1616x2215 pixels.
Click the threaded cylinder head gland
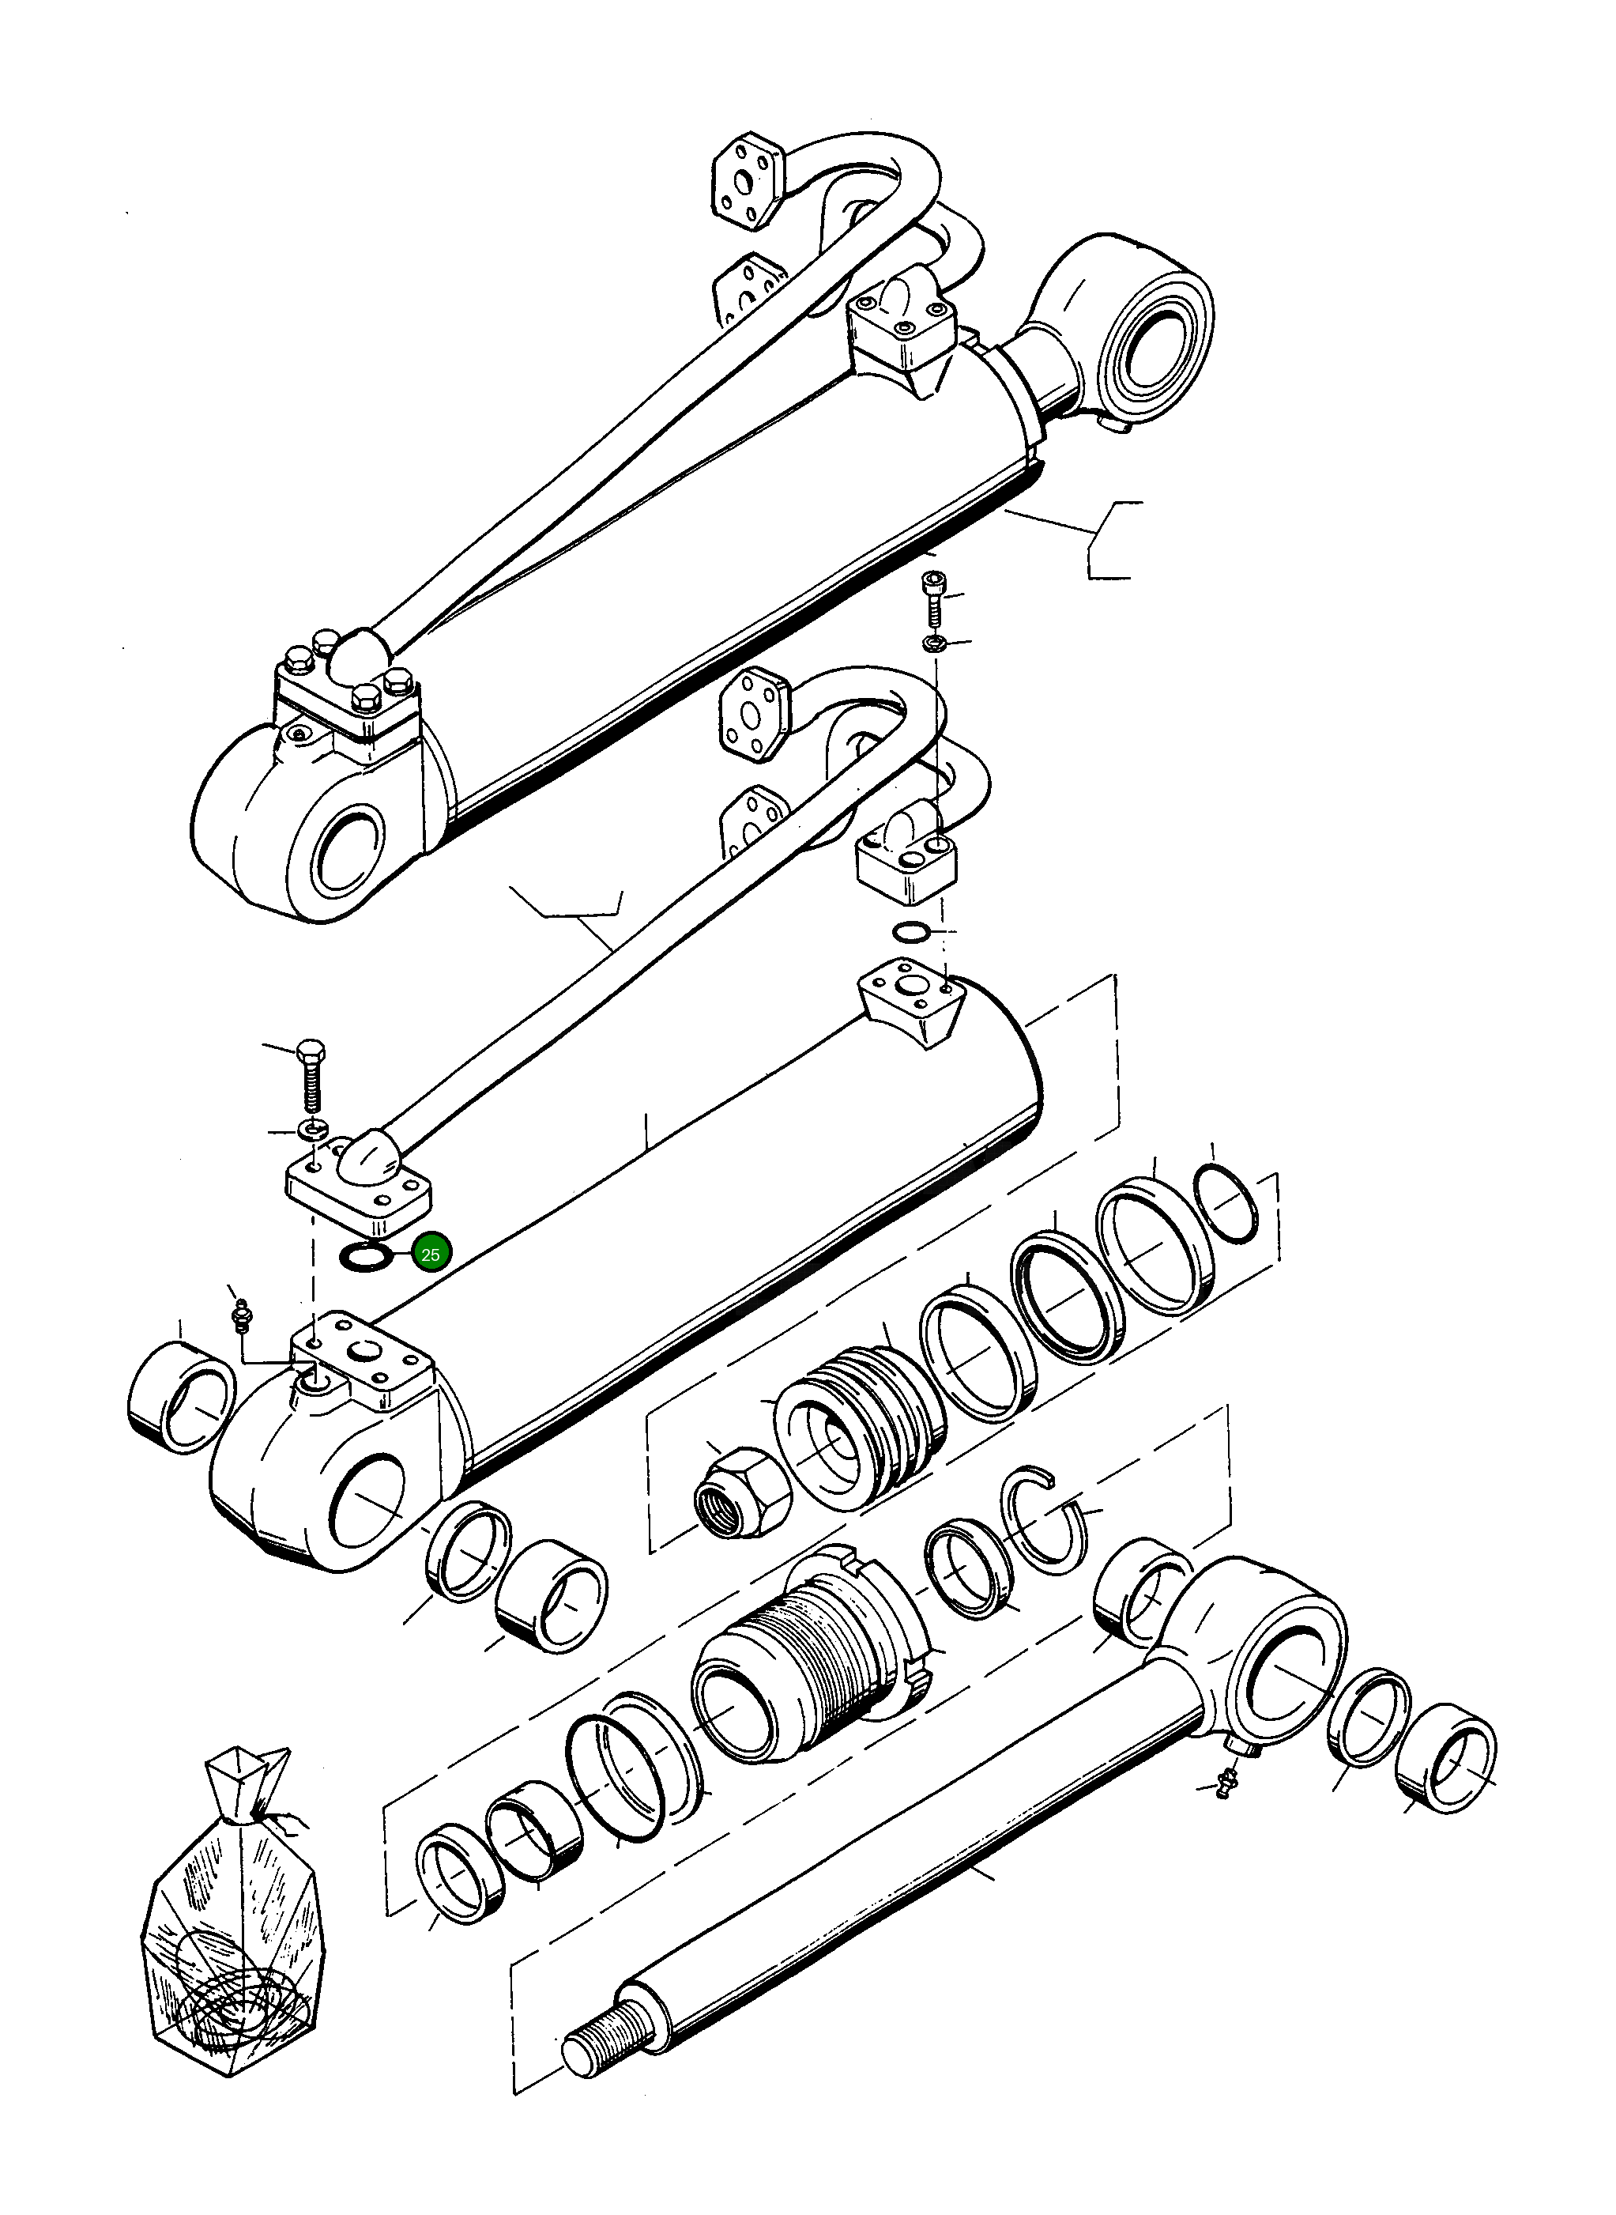click(x=812, y=1663)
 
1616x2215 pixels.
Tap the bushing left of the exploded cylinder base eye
click(x=182, y=1397)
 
